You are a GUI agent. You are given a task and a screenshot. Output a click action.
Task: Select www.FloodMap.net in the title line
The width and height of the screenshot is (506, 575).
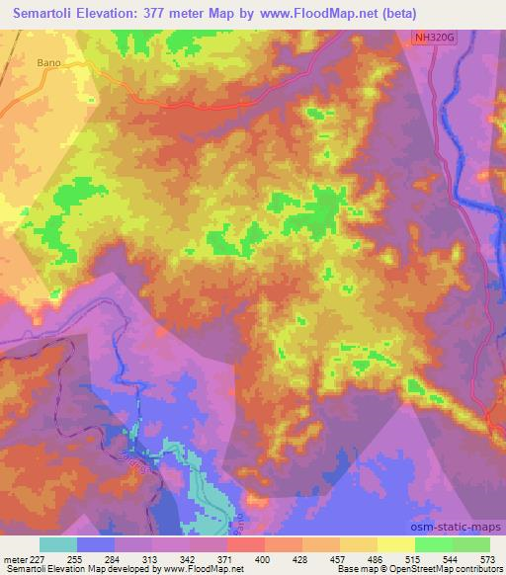coord(314,13)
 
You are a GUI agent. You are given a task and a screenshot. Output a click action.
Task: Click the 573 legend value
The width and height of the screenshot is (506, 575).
coord(486,558)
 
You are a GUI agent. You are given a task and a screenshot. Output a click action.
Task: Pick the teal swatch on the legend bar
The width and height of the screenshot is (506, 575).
coord(59,544)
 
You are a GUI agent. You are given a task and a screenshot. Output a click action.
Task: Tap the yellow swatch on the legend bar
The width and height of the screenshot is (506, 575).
coord(396,544)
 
